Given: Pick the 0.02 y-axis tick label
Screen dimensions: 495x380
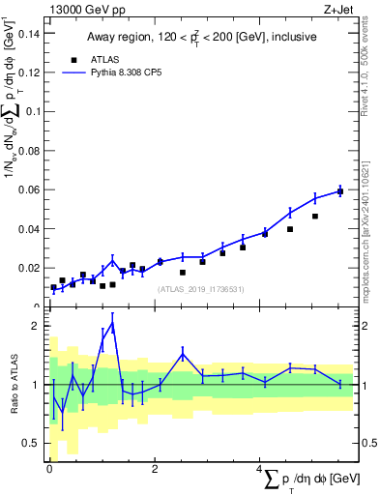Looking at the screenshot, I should coord(30,268).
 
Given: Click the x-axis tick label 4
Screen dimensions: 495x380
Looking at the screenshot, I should coord(258,469).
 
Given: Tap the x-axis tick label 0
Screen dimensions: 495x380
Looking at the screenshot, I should coord(49,469).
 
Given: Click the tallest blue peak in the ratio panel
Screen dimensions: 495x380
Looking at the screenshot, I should coord(113,325).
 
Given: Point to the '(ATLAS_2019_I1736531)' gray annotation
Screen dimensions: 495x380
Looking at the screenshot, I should coord(200,288).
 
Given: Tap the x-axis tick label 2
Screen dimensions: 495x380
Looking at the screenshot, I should coord(155,469).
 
